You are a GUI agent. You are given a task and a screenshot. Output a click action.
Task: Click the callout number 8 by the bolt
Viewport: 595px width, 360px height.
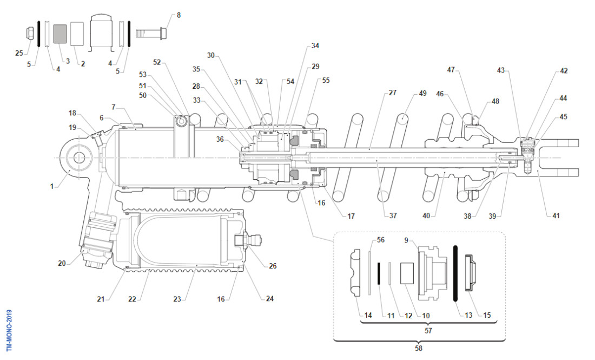[178, 15]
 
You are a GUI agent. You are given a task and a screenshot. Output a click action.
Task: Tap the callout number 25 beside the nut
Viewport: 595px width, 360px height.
[20, 53]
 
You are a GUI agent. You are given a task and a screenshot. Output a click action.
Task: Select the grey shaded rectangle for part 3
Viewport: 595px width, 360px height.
[60, 34]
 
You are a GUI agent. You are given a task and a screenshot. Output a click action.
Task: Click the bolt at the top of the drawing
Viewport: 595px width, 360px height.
[151, 33]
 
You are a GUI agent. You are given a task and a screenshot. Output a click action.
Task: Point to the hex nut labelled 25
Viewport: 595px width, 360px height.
[31, 34]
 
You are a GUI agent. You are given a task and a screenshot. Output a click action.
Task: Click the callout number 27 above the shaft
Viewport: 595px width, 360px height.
[393, 93]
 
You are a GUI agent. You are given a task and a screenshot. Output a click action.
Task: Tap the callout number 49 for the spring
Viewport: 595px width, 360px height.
[422, 93]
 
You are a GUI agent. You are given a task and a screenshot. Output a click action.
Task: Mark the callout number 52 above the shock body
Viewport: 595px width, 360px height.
[157, 62]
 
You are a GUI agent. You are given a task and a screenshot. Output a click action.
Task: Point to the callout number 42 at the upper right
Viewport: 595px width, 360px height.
[564, 71]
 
